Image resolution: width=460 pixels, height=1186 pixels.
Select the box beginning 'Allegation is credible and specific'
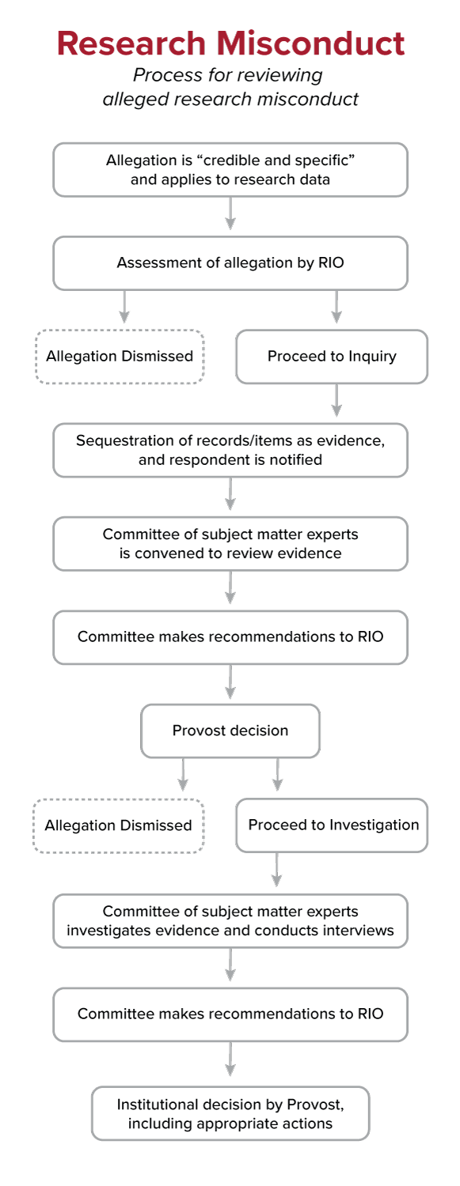pyautogui.click(x=230, y=169)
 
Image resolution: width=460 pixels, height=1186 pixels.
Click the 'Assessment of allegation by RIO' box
pyautogui.click(x=230, y=263)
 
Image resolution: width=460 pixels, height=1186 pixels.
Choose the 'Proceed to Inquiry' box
pyautogui.click(x=332, y=356)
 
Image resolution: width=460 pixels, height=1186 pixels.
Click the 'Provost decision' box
pyautogui.click(x=230, y=731)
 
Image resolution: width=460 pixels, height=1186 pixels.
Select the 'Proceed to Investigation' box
pyautogui.click(x=332, y=825)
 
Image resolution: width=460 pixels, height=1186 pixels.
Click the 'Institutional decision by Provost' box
pyautogui.click(x=230, y=1113)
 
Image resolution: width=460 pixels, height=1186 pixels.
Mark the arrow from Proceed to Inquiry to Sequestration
pyautogui.click(x=336, y=401)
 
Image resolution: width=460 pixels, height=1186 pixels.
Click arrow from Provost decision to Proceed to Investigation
pyautogui.click(x=277, y=775)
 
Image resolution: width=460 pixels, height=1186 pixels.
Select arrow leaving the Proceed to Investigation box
pyautogui.click(x=277, y=870)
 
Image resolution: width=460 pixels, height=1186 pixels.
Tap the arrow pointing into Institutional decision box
pyautogui.click(x=230, y=1059)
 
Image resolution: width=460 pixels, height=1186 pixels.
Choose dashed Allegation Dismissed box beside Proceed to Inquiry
pyautogui.click(x=120, y=356)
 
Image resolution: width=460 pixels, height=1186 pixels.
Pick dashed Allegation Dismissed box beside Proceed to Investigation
pyautogui.click(x=119, y=825)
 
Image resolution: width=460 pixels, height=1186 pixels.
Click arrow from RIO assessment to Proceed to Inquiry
pyautogui.click(x=336, y=307)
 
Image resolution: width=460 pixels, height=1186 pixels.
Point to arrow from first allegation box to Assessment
pyautogui.click(x=230, y=213)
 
